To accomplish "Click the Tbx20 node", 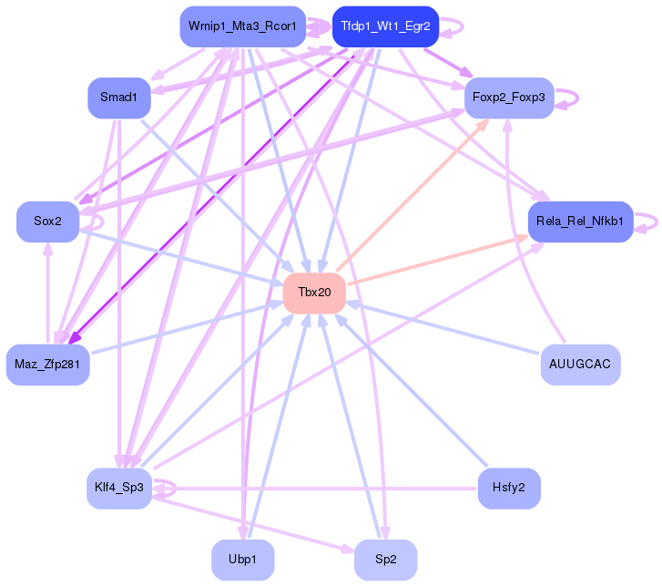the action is click(314, 293).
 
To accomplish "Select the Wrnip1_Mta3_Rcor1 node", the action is click(243, 26).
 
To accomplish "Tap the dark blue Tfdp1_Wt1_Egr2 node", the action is click(385, 26).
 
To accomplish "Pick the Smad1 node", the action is click(119, 98).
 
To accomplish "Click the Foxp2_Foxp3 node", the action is click(509, 98).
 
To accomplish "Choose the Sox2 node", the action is click(47, 221).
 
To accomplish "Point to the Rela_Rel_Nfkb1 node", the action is click(581, 221).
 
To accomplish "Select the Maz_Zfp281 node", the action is click(47, 365).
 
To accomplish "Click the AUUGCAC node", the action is click(581, 365).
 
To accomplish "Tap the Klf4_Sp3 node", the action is click(119, 489).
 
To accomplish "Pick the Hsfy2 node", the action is click(509, 489).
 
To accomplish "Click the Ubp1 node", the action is click(243, 560).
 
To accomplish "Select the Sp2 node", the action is click(385, 560).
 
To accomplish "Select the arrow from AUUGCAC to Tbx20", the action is click(443, 327).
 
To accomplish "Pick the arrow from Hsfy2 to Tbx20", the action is click(412, 390).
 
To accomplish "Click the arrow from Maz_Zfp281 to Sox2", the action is click(47, 293).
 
